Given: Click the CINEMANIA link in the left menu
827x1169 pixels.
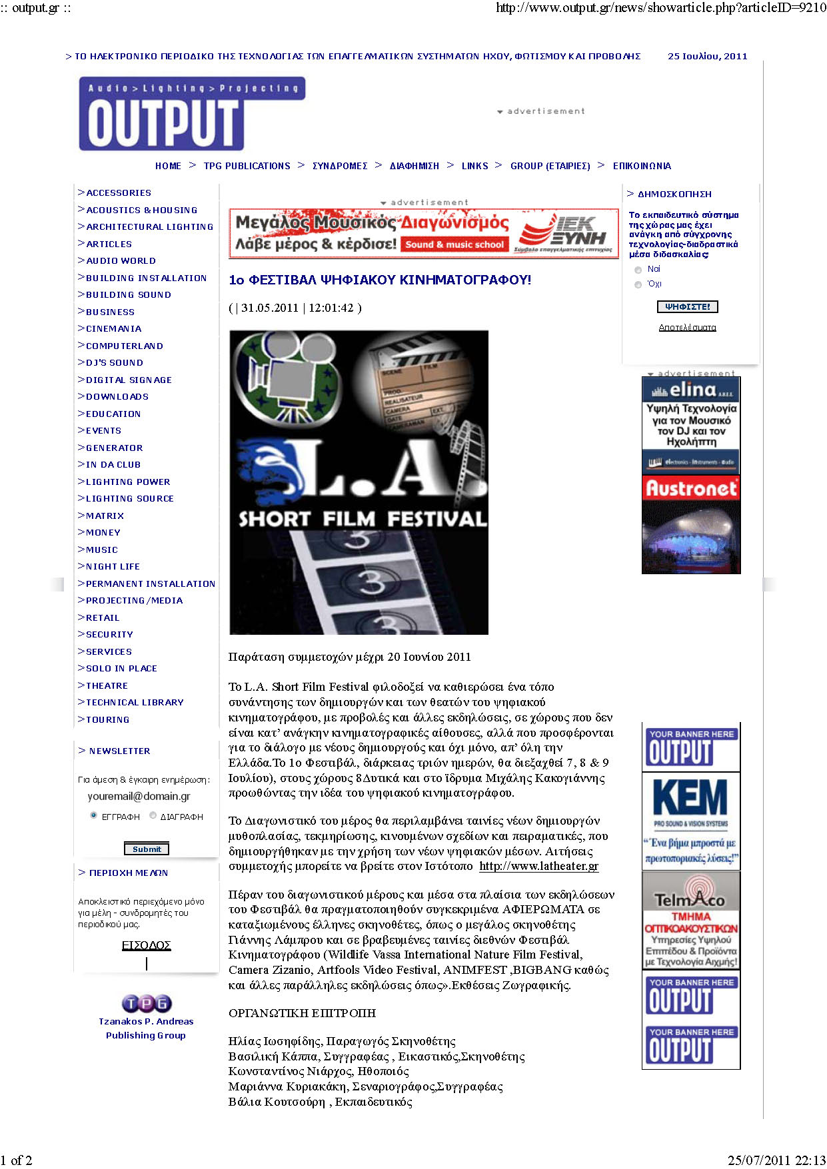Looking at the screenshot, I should coord(113,328).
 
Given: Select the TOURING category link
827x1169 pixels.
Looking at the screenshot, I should coord(107,719).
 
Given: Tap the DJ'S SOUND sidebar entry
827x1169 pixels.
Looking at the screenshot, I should coord(114,362).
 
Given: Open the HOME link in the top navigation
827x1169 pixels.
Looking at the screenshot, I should coord(168,166).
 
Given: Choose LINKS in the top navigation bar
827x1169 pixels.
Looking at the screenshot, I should coord(474,166).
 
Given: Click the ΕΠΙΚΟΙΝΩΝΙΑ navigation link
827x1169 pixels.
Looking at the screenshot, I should coord(642,166).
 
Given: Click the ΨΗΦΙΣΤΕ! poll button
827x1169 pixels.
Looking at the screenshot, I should coord(687,306).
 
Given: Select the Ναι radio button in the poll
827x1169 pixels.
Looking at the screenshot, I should coord(638,270).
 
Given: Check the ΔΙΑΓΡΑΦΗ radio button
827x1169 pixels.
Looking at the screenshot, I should coord(153,815).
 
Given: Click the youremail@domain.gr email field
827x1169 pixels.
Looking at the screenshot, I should coord(139,796).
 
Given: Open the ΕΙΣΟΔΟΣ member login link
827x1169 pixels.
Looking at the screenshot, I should coord(146,945).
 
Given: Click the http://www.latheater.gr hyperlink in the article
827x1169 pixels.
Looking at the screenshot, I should coord(538,866).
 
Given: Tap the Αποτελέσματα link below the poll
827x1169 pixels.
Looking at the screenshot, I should coord(687,328).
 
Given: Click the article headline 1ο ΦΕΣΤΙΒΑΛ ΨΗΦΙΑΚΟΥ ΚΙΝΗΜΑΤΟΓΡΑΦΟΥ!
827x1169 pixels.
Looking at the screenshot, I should coord(380,280).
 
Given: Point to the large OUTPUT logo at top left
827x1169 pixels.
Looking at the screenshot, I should coord(163,122).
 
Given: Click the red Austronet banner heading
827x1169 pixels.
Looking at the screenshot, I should coord(691,488).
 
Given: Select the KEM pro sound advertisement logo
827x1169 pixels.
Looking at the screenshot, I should coord(690,797).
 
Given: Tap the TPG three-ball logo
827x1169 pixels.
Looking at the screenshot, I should coord(147,1002).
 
